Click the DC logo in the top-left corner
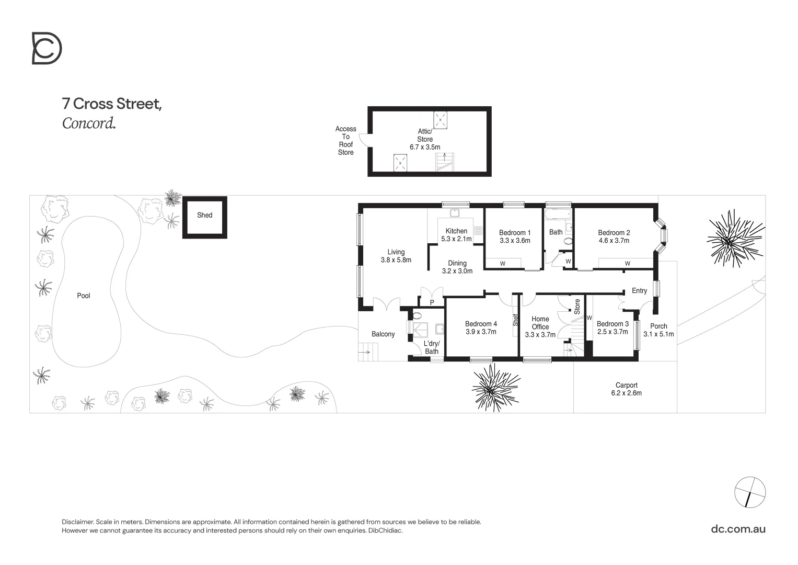click(x=47, y=48)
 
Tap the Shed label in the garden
click(x=204, y=215)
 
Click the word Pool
click(x=84, y=296)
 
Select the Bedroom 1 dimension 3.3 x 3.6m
click(x=515, y=241)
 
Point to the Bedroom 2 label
click(x=614, y=233)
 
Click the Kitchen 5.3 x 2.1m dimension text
click(x=456, y=239)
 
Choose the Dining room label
click(x=457, y=263)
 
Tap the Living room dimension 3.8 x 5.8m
click(x=396, y=260)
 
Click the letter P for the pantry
click(x=432, y=302)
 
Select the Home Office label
click(x=540, y=323)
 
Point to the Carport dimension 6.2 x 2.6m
click(x=626, y=393)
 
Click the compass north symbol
click(x=750, y=492)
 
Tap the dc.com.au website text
click(x=738, y=528)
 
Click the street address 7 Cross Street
click(x=112, y=104)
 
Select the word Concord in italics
click(x=88, y=123)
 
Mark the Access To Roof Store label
click(x=345, y=141)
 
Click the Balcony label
click(x=383, y=334)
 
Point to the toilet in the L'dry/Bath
click(x=417, y=315)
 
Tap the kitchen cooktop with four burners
click(x=478, y=230)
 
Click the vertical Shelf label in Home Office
click(x=515, y=320)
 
